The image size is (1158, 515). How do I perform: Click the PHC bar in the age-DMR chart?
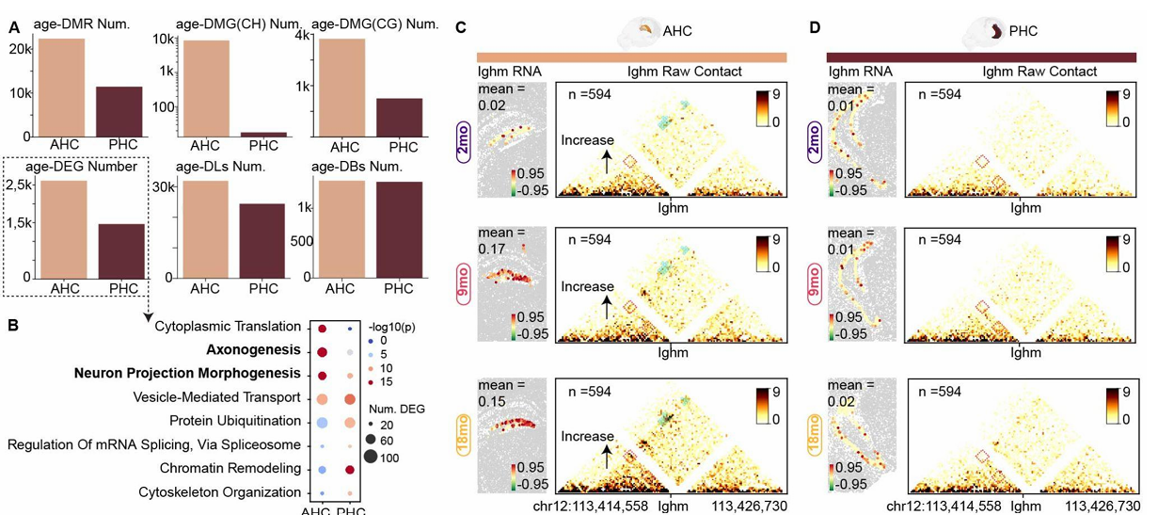coord(120,111)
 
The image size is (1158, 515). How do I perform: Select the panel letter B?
coord(13,325)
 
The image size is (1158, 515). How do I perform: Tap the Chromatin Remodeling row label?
coord(230,468)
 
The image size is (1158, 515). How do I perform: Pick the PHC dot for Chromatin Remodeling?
coord(350,469)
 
